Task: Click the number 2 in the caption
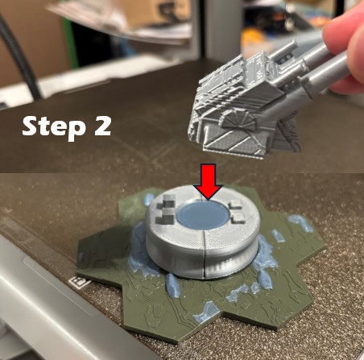(x=103, y=126)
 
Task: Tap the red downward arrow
(x=209, y=181)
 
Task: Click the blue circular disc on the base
(x=203, y=215)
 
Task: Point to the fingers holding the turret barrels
(x=346, y=48)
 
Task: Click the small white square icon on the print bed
(x=79, y=283)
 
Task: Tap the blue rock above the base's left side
(x=150, y=200)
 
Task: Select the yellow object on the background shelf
(x=256, y=40)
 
